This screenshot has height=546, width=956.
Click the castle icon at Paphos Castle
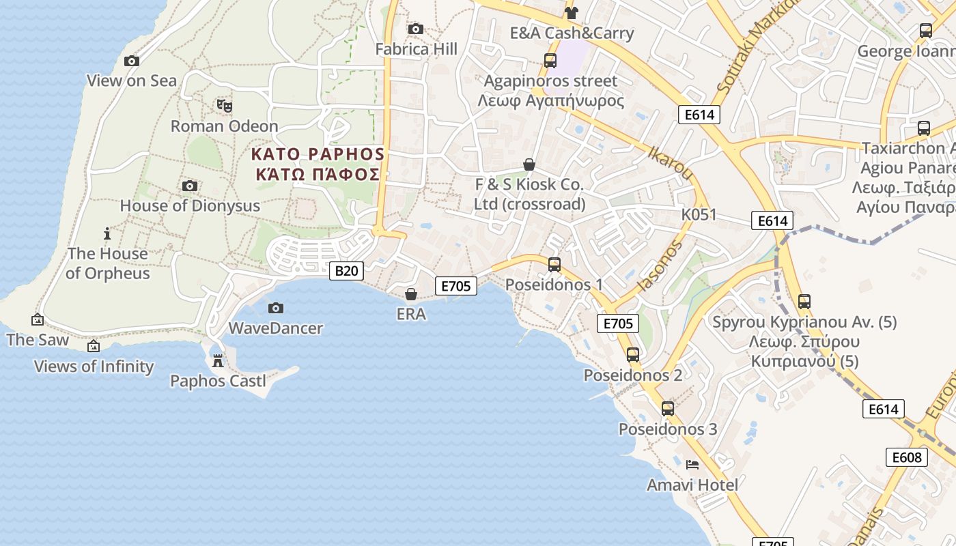[x=218, y=360]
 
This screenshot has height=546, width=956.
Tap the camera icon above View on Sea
[x=132, y=61]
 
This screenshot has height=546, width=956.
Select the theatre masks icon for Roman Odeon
[x=225, y=106]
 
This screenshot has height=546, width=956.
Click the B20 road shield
[x=346, y=271]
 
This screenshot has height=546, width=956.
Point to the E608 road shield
[x=906, y=457]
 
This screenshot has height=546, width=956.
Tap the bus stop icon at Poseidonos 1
[x=554, y=264]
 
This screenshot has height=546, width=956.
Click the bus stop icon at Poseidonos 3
[x=668, y=409]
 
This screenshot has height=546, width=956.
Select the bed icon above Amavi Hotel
[x=692, y=465]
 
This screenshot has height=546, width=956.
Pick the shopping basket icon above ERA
[x=411, y=294]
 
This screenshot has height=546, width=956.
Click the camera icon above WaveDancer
[x=276, y=308]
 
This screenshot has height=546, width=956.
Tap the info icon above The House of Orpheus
[x=107, y=233]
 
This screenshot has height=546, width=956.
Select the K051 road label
[x=699, y=215]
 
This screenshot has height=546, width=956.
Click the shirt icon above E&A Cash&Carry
[x=572, y=12]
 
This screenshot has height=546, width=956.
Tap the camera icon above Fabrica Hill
[x=415, y=29]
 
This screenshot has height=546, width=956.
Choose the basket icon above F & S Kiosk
[x=529, y=164]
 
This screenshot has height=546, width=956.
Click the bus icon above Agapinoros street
[x=550, y=60]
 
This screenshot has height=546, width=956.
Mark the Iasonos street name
[x=660, y=265]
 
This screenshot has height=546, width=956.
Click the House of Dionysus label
[x=190, y=205]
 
